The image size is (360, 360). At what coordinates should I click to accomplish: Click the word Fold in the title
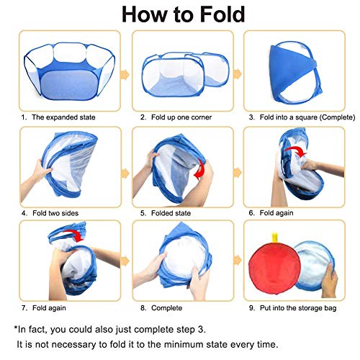pyautogui.click(x=222, y=14)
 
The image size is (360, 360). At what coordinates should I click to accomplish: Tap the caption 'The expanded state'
pyautogui.click(x=63, y=117)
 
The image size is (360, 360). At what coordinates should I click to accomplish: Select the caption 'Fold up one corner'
pyautogui.click(x=181, y=117)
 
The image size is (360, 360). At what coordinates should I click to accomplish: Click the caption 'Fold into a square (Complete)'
pyautogui.click(x=307, y=117)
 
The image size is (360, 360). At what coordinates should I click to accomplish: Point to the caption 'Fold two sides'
pyautogui.click(x=55, y=213)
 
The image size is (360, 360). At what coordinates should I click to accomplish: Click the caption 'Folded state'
pyautogui.click(x=171, y=213)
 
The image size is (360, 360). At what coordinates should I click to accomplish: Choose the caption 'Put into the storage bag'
pyautogui.click(x=298, y=308)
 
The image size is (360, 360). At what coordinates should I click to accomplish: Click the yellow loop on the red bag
pyautogui.click(x=275, y=238)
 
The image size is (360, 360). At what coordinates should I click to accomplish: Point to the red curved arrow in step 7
pyautogui.click(x=74, y=235)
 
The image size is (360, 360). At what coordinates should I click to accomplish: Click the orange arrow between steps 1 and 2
pyautogui.click(x=125, y=75)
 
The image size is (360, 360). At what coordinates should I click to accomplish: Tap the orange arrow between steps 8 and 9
pyautogui.click(x=238, y=261)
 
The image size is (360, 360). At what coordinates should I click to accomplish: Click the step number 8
pyautogui.click(x=143, y=308)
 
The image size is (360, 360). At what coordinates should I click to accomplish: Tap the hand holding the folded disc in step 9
pyautogui.click(x=329, y=280)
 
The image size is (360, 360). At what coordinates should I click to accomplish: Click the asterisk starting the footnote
pyautogui.click(x=16, y=328)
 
